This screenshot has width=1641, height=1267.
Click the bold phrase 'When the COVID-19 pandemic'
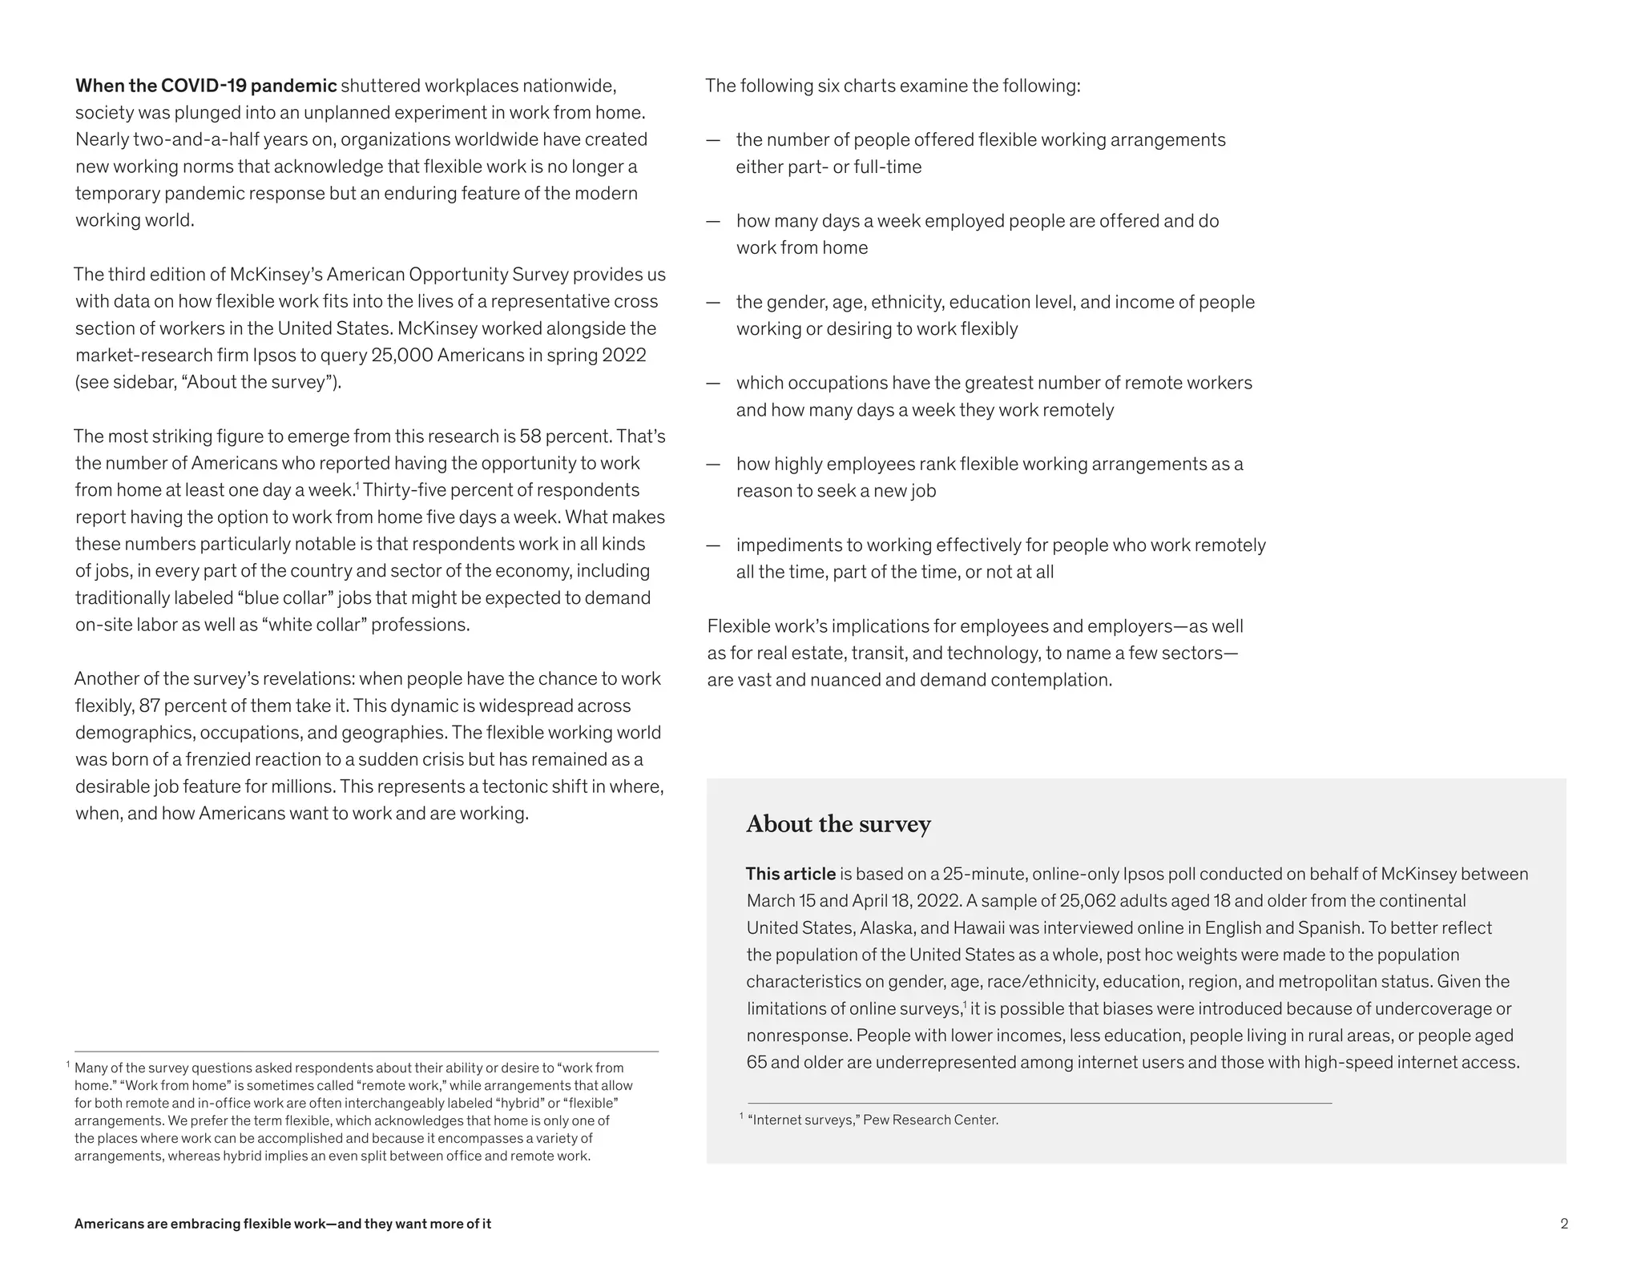click(206, 86)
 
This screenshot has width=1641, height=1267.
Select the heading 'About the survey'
click(838, 824)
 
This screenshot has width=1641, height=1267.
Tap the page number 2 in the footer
click(1563, 1224)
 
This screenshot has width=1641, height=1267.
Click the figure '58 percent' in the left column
click(562, 436)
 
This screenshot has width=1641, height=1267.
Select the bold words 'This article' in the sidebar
click(790, 874)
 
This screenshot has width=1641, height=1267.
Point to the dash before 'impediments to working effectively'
click(713, 545)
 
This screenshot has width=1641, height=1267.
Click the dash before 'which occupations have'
click(713, 384)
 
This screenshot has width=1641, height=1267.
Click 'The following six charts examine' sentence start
click(833, 86)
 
